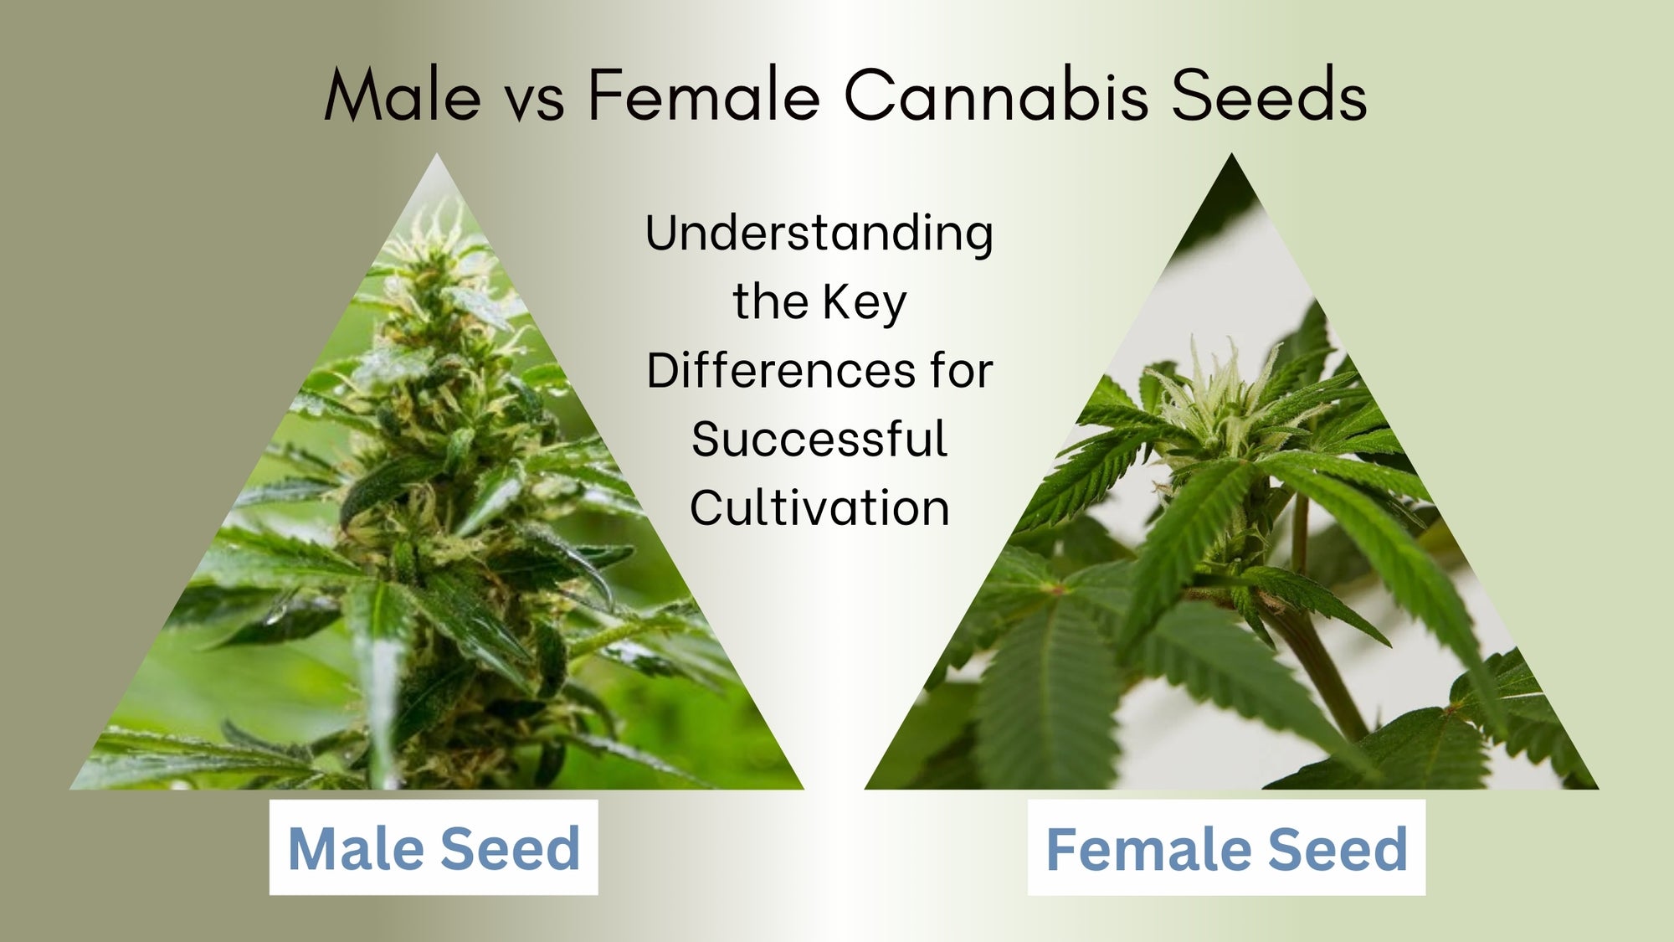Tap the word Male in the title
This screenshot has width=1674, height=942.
[403, 96]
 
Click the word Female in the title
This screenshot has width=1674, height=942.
[704, 96]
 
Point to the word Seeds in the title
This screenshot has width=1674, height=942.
[1268, 96]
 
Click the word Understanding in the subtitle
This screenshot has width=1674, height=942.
[819, 234]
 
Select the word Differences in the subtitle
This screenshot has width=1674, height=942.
[782, 371]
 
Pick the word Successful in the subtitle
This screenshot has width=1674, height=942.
[819, 440]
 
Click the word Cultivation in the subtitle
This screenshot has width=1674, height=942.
[819, 508]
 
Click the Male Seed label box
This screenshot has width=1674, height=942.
[434, 847]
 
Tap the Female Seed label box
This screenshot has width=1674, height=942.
[1226, 847]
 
